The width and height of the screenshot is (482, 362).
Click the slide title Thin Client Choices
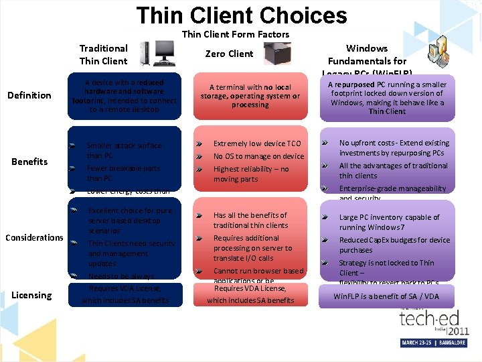[x=241, y=15]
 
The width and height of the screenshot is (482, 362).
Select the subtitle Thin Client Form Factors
[x=235, y=34]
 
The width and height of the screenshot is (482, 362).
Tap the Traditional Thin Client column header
[x=103, y=54]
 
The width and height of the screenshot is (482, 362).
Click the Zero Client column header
[x=229, y=54]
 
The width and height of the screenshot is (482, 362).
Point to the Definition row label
[x=29, y=95]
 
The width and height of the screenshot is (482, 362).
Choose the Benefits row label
[x=29, y=162]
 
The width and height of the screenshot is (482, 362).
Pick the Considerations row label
[x=34, y=237]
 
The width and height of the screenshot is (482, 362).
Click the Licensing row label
[x=31, y=295]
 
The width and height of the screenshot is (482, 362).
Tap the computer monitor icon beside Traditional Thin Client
[x=164, y=53]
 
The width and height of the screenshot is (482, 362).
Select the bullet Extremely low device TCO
[x=256, y=143]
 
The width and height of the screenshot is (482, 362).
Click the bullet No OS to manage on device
[x=258, y=156]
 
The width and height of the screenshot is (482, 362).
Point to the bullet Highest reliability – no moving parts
[x=250, y=174]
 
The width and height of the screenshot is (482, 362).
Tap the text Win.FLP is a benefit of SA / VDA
[x=386, y=296]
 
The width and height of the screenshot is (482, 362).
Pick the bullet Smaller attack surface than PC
[x=123, y=150]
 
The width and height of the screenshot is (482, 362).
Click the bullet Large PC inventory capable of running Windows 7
[x=389, y=223]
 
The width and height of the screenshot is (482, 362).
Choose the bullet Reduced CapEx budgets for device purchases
[x=394, y=245]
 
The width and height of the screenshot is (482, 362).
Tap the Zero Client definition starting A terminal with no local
[x=250, y=96]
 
